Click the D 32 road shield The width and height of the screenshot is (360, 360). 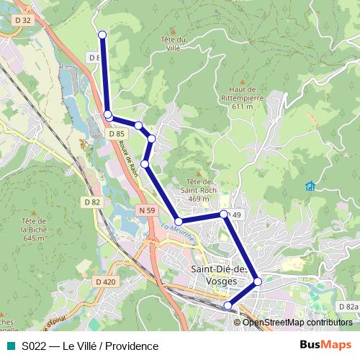tap(22, 21)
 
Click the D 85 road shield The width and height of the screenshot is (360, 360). tap(117, 134)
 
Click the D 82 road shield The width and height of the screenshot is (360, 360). tap(91, 202)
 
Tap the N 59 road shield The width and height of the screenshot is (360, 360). tap(146, 210)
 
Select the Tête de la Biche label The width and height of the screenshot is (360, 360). tap(34, 229)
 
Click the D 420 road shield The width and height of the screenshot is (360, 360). tap(104, 282)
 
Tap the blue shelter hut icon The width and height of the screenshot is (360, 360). tap(310, 186)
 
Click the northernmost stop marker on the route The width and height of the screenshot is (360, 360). tap(102, 35)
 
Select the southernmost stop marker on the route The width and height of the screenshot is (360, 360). tap(228, 306)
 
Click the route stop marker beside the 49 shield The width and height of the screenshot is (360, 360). tap(224, 214)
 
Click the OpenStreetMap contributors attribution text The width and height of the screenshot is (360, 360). tap(297, 323)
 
